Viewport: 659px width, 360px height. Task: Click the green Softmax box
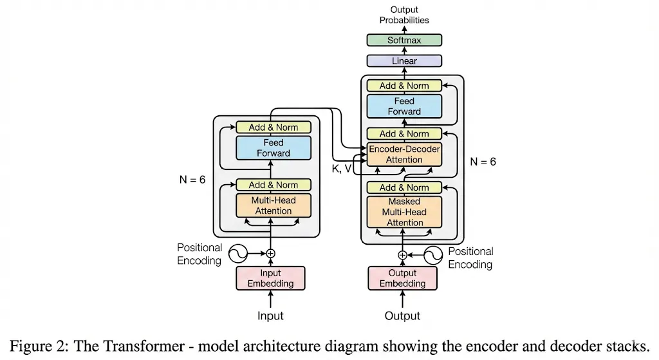coord(404,40)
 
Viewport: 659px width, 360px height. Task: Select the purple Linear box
coord(404,61)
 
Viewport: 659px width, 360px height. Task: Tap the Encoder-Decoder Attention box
coord(404,155)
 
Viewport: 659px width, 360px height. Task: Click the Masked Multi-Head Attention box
coord(404,212)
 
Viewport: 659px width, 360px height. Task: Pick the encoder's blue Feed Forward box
coord(274,147)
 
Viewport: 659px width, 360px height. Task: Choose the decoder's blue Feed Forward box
coord(404,106)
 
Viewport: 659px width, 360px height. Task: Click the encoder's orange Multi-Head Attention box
coord(274,205)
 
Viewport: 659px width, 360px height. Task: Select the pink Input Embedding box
coord(271,278)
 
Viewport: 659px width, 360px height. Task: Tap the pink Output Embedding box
coord(402,278)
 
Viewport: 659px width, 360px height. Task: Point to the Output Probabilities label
coord(404,15)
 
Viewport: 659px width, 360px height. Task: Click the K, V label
coord(342,168)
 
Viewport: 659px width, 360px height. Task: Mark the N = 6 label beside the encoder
coord(192,180)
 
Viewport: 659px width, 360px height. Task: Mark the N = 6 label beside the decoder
coord(483,162)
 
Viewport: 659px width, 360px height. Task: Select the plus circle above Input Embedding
coord(271,254)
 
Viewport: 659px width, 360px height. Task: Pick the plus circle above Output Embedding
coord(403,255)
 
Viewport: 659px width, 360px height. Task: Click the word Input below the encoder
coord(270,316)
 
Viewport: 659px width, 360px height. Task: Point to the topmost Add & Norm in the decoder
coord(404,86)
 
